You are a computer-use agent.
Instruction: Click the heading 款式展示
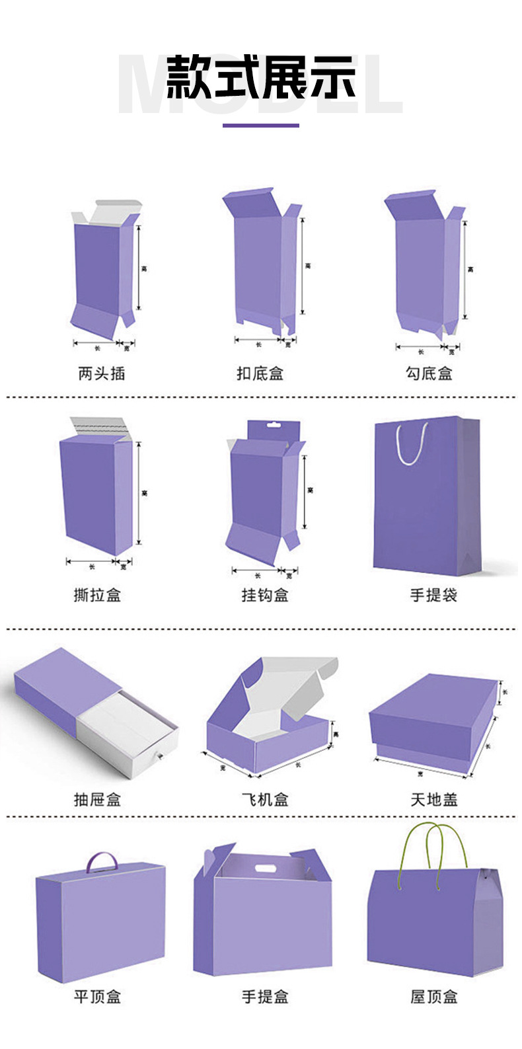coord(260,78)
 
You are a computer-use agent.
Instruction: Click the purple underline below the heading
coord(260,125)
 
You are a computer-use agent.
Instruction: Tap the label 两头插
coord(101,373)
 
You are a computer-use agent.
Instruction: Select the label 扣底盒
coord(260,373)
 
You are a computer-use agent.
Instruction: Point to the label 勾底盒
coord(429,373)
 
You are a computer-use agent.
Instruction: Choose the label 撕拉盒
coord(97,595)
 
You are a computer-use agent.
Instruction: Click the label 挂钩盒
coord(265,595)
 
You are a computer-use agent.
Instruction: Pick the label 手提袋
coord(433,595)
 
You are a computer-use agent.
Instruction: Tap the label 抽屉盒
coord(97,800)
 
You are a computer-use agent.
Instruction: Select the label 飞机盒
coord(265,800)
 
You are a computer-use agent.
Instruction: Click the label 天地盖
coord(433,800)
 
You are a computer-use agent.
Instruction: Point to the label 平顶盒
coord(97,997)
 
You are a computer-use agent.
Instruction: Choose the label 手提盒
coord(265,997)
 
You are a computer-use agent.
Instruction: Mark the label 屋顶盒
coord(433,997)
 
